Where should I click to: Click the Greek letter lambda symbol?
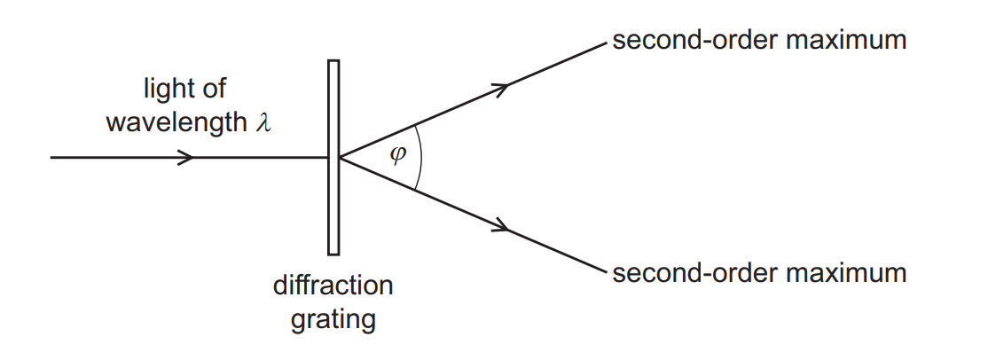click(x=262, y=121)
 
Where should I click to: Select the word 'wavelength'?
click(x=174, y=121)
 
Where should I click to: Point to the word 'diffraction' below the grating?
click(x=333, y=286)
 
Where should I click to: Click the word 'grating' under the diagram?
click(x=333, y=318)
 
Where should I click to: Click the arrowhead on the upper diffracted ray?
click(x=501, y=87)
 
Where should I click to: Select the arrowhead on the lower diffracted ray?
click(x=501, y=228)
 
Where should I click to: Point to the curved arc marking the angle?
click(x=420, y=157)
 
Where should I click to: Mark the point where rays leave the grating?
click(x=340, y=157)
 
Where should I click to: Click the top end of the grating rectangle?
click(x=333, y=62)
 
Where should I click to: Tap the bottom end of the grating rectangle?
click(x=333, y=253)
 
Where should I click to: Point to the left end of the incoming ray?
click(x=52, y=158)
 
